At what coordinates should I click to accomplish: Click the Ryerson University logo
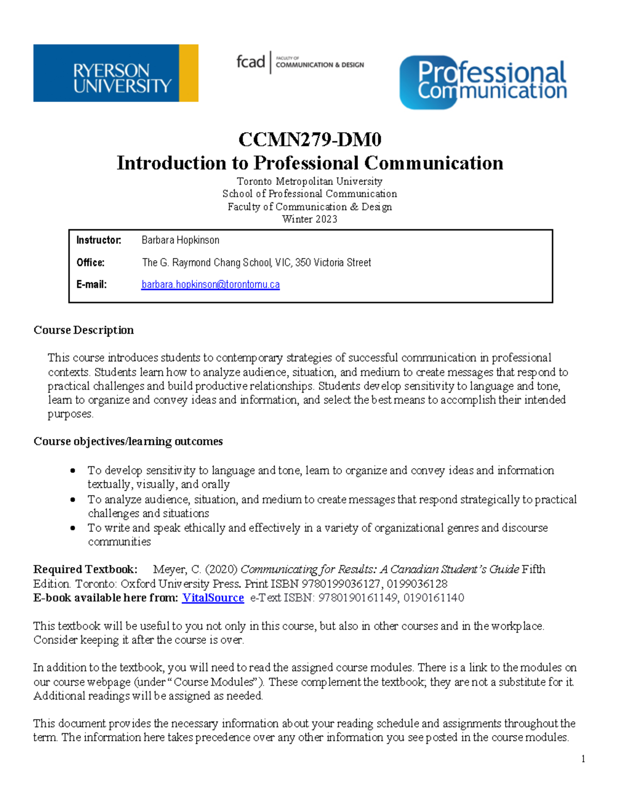point(115,73)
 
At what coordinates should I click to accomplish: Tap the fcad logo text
point(250,62)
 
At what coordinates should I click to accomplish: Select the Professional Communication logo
point(483,82)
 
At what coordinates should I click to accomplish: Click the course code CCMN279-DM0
point(310,140)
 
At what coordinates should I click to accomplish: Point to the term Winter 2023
point(310,219)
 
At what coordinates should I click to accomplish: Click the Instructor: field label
point(99,240)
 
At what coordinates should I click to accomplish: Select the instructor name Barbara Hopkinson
point(180,240)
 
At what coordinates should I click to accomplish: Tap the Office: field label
point(91,263)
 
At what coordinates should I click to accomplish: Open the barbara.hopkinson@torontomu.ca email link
point(211,284)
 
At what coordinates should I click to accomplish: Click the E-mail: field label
point(92,284)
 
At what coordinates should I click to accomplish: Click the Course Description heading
point(83,330)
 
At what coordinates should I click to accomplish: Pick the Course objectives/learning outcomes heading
point(128,441)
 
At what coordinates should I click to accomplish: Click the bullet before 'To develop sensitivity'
point(73,470)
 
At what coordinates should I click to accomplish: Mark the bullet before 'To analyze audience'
point(73,499)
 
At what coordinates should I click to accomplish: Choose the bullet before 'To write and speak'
point(73,528)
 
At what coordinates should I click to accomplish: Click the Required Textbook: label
point(85,569)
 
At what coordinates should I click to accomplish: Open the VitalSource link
point(213,598)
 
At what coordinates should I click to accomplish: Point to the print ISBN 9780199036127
point(341,584)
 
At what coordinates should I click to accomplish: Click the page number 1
point(583,759)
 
